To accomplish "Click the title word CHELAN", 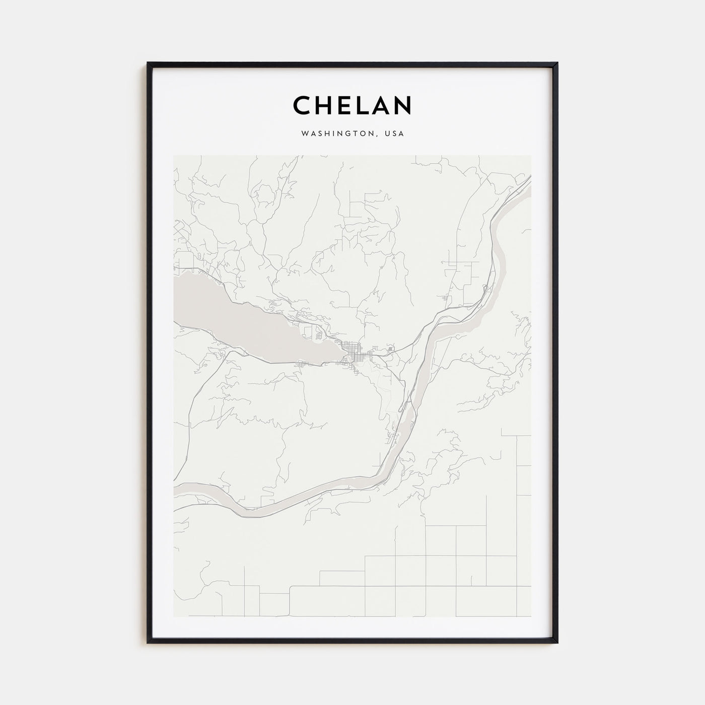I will coord(352,105).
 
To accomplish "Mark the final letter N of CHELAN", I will coord(403,105).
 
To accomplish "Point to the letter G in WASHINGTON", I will coord(348,134).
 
